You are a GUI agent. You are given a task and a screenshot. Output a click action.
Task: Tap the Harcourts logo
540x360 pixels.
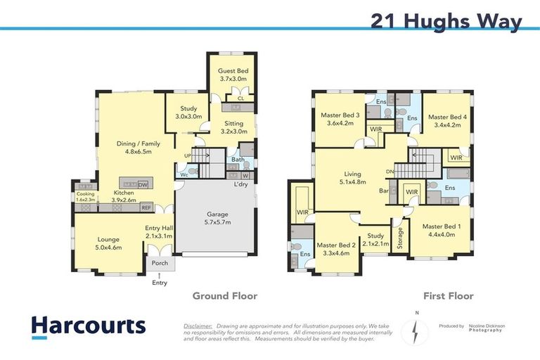(x=89, y=326)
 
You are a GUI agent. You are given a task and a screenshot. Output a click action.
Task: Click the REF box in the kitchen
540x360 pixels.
(x=146, y=207)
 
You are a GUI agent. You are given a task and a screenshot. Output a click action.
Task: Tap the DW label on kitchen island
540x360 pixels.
(x=143, y=184)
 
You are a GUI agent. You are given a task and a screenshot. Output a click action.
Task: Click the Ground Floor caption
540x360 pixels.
(x=225, y=296)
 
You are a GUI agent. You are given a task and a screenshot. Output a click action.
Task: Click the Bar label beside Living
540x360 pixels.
(x=384, y=191)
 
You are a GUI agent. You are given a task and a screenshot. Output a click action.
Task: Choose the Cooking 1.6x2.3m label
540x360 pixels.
(x=85, y=197)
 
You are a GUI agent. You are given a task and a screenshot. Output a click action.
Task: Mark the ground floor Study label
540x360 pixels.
(x=188, y=112)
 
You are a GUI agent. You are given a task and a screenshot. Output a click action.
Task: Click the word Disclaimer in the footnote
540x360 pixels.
(x=197, y=326)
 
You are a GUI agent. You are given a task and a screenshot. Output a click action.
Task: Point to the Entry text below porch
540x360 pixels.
(x=160, y=283)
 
